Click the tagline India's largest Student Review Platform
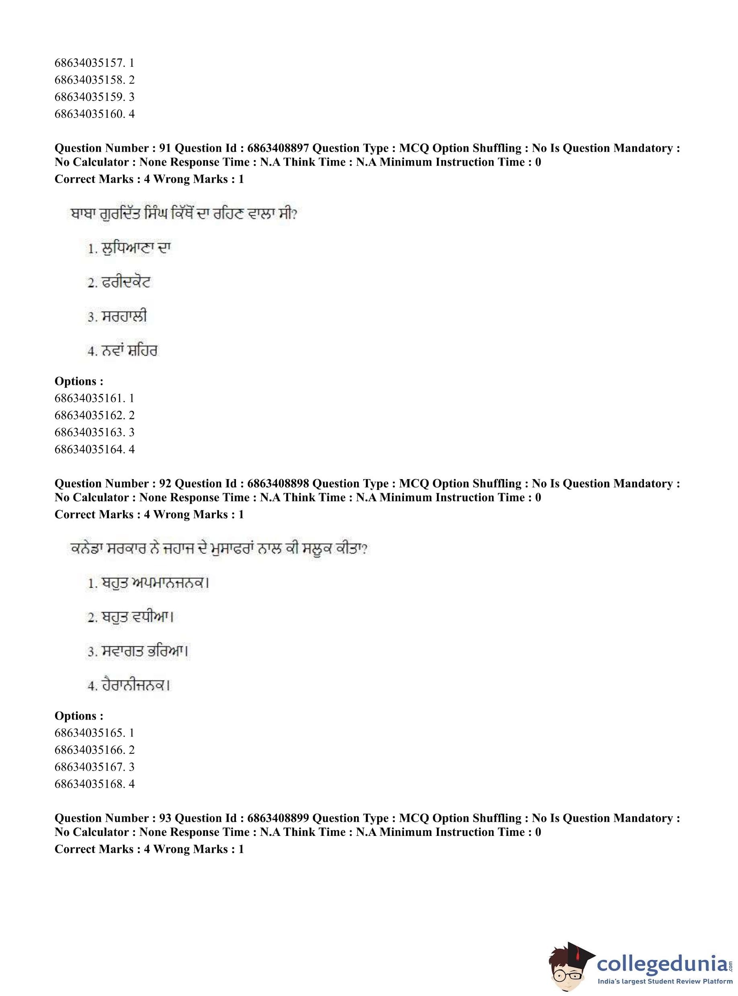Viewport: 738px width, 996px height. coord(664,981)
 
